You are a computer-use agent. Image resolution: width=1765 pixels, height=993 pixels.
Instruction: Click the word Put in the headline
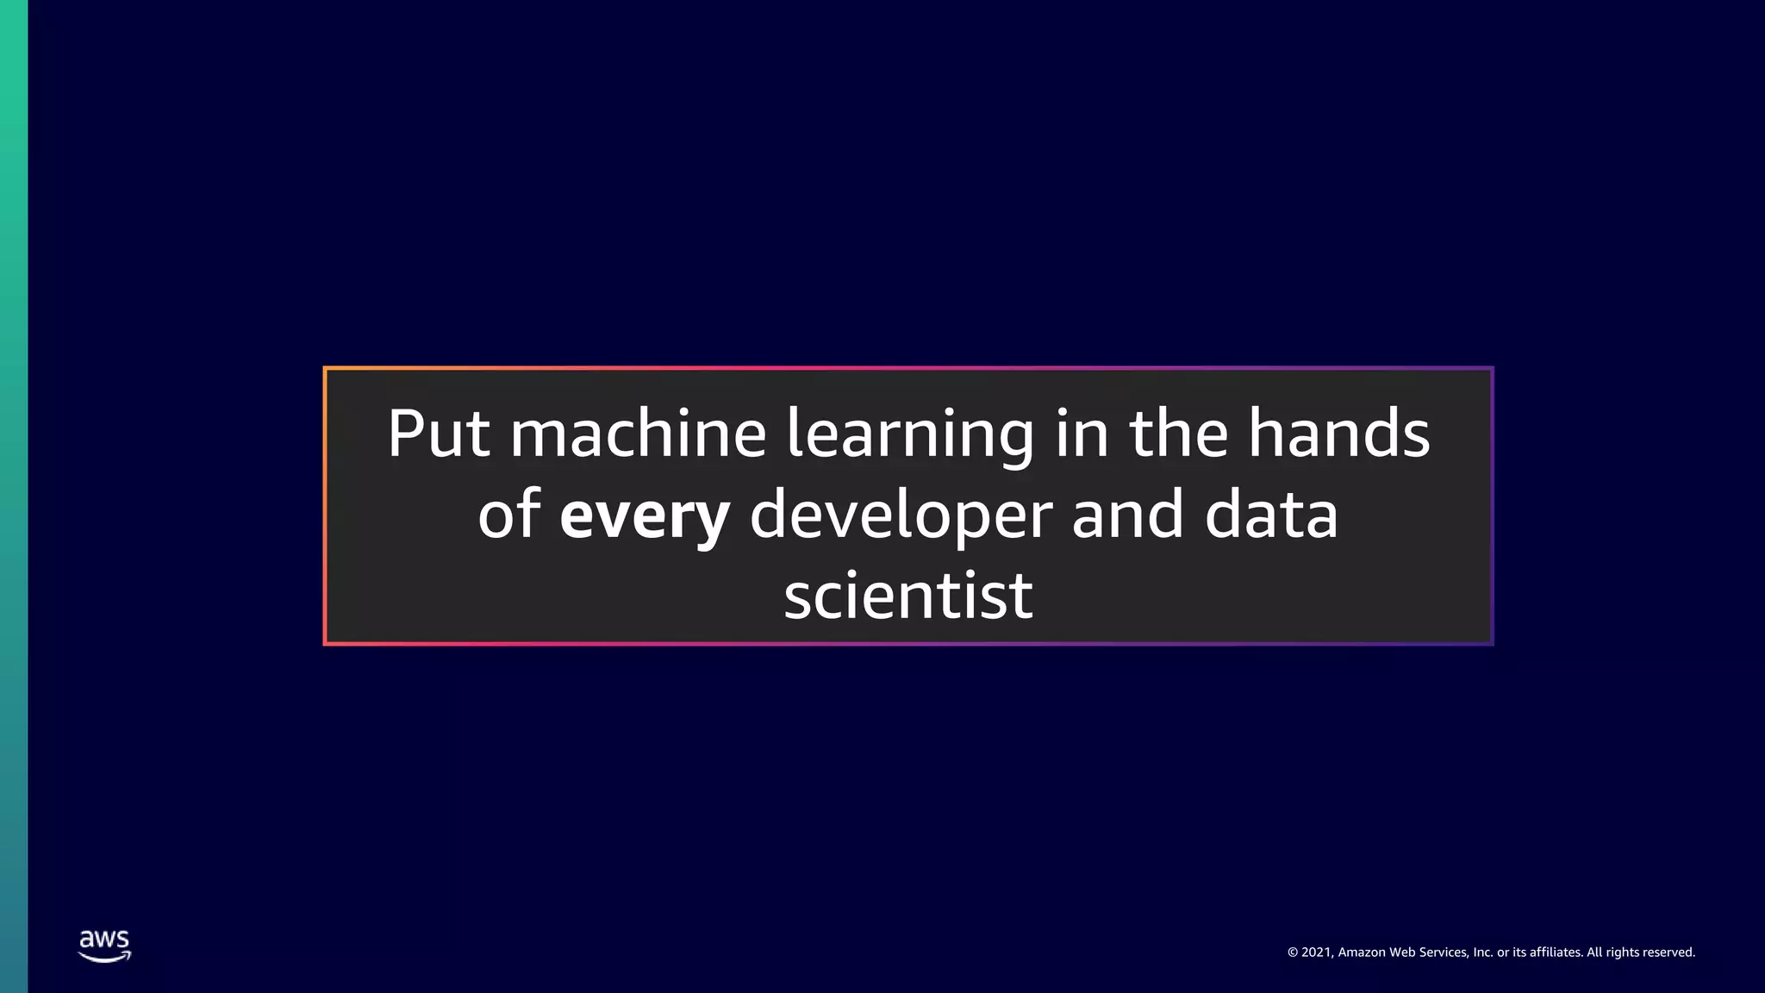point(439,433)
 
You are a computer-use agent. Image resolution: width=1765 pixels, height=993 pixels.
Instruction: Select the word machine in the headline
point(638,433)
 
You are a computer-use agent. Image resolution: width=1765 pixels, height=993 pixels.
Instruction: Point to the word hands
point(1339,433)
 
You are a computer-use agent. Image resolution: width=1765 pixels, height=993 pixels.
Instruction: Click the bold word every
point(645,515)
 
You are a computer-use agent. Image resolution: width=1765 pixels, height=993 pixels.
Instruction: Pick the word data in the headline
point(1271,515)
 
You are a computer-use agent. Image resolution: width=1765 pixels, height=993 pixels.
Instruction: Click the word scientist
point(908,596)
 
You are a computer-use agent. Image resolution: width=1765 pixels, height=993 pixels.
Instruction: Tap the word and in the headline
point(1127,515)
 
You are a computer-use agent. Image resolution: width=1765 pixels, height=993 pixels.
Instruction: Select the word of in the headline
point(509,515)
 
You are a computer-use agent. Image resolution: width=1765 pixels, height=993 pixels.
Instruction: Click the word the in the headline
point(1178,433)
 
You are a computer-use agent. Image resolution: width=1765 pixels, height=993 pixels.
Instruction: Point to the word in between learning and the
point(1082,433)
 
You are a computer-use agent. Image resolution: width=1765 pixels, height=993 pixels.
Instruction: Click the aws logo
point(104,946)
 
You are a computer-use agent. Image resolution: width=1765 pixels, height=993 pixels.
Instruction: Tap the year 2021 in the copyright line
point(1317,952)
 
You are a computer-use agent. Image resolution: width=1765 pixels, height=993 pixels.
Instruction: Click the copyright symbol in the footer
point(1293,952)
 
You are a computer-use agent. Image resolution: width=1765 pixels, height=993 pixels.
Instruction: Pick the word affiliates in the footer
point(1556,952)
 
